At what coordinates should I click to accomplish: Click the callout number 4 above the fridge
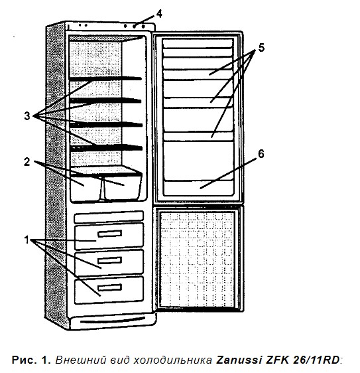[159, 14]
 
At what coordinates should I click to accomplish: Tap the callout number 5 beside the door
[261, 48]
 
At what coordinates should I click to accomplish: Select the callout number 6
[261, 154]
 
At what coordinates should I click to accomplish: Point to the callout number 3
[27, 116]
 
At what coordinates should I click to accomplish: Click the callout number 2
[27, 162]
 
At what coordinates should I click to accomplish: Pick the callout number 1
[27, 240]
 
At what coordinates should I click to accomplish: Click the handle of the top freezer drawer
[109, 234]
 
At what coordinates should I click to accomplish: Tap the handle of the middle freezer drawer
[109, 260]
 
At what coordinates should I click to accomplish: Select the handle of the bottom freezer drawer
[109, 287]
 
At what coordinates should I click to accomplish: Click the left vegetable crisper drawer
[86, 188]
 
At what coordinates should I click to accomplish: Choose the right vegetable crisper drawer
[123, 187]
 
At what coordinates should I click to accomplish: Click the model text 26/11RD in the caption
[316, 360]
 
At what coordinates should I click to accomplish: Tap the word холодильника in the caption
[172, 360]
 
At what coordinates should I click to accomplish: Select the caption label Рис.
[23, 360]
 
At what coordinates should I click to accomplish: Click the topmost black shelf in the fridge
[105, 79]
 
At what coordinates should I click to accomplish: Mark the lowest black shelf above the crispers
[106, 148]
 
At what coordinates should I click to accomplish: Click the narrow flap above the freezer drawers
[109, 217]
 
